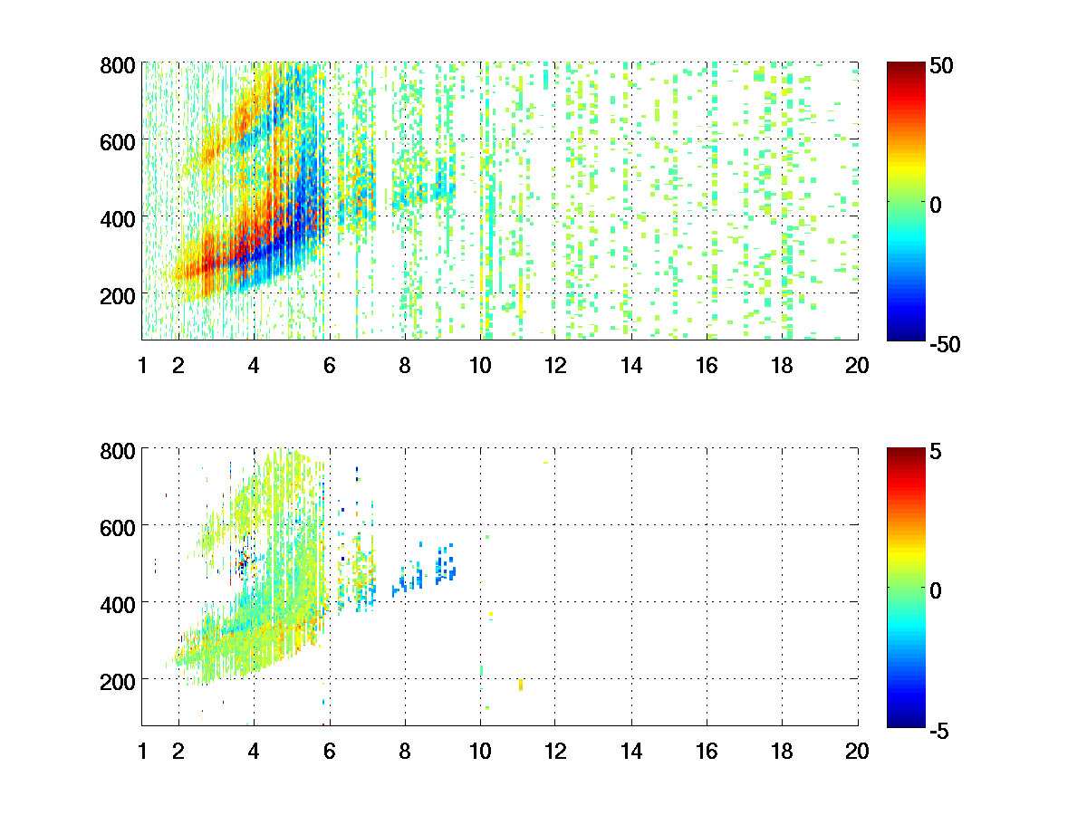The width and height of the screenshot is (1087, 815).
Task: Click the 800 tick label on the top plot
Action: pyautogui.click(x=117, y=65)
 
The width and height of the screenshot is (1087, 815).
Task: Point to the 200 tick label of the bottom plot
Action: pyautogui.click(x=117, y=679)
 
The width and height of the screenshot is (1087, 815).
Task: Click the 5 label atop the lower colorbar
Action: pyautogui.click(x=938, y=450)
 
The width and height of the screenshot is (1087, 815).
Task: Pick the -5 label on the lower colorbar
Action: pyautogui.click(x=942, y=729)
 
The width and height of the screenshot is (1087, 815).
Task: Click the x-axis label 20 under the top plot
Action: pyautogui.click(x=857, y=366)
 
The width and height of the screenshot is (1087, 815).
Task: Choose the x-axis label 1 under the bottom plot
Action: pyautogui.click(x=142, y=751)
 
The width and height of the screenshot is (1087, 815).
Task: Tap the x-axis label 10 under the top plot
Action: pyautogui.click(x=480, y=366)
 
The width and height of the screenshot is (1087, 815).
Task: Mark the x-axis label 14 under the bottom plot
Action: pyautogui.click(x=630, y=751)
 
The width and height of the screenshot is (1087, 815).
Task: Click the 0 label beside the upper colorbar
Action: pyautogui.click(x=938, y=205)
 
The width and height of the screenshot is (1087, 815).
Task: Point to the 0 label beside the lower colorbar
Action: pyautogui.click(x=938, y=590)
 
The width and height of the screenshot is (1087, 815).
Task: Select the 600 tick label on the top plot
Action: pyautogui.click(x=117, y=141)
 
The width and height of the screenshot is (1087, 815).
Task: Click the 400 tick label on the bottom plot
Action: pyautogui.click(x=117, y=602)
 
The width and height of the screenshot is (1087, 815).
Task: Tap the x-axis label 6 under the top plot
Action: pyautogui.click(x=330, y=366)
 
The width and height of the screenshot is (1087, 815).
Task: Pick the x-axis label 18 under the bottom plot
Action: pyautogui.click(x=782, y=751)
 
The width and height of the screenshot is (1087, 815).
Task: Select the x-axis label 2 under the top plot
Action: pyautogui.click(x=178, y=366)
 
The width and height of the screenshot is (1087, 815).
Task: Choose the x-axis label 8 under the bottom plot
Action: pyautogui.click(x=405, y=751)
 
